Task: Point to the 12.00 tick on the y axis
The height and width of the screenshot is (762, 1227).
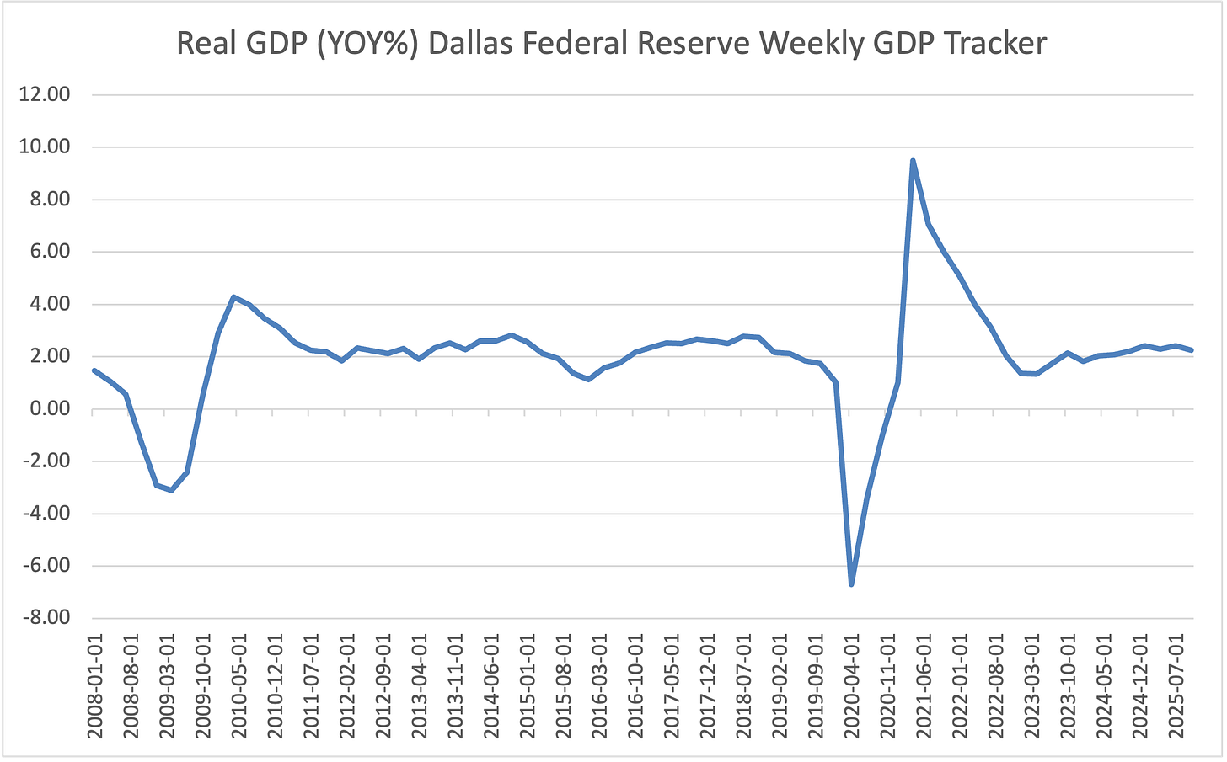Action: click(x=45, y=94)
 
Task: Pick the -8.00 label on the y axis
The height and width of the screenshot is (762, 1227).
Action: click(x=45, y=618)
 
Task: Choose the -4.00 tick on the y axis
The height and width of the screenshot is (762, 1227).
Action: click(x=45, y=514)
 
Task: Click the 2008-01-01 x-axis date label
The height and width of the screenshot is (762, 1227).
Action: click(x=94, y=689)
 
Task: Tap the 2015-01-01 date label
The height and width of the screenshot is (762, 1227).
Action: click(x=527, y=689)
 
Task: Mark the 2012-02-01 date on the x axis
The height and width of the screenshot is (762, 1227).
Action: click(x=346, y=689)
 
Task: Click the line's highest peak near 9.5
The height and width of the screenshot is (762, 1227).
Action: click(x=913, y=161)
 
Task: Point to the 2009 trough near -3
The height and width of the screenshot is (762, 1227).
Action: click(x=171, y=490)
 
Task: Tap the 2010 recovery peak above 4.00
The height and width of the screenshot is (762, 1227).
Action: click(x=233, y=296)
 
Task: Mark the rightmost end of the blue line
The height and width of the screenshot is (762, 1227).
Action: click(x=1191, y=350)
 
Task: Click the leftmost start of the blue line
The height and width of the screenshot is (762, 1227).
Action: click(x=94, y=370)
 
